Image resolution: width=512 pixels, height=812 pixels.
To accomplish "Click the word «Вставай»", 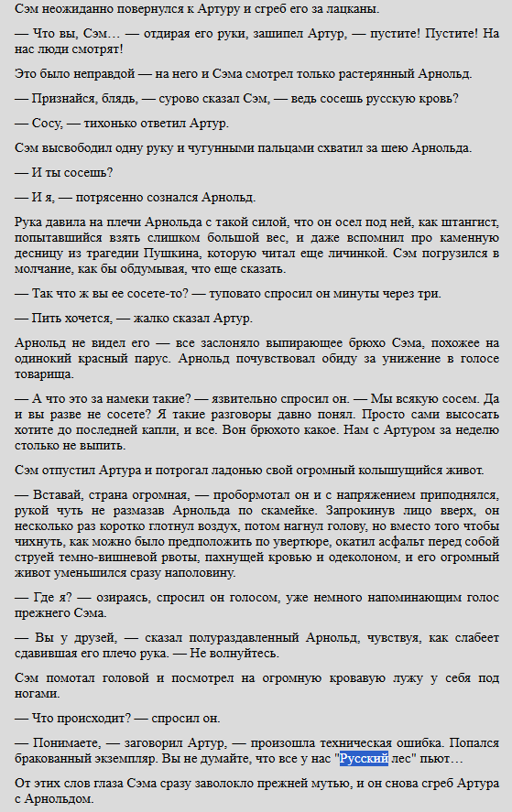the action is click(x=59, y=494).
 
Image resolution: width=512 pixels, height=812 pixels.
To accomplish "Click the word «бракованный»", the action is click(x=58, y=760).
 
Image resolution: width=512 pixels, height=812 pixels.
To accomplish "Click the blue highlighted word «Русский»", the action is click(x=364, y=760).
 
